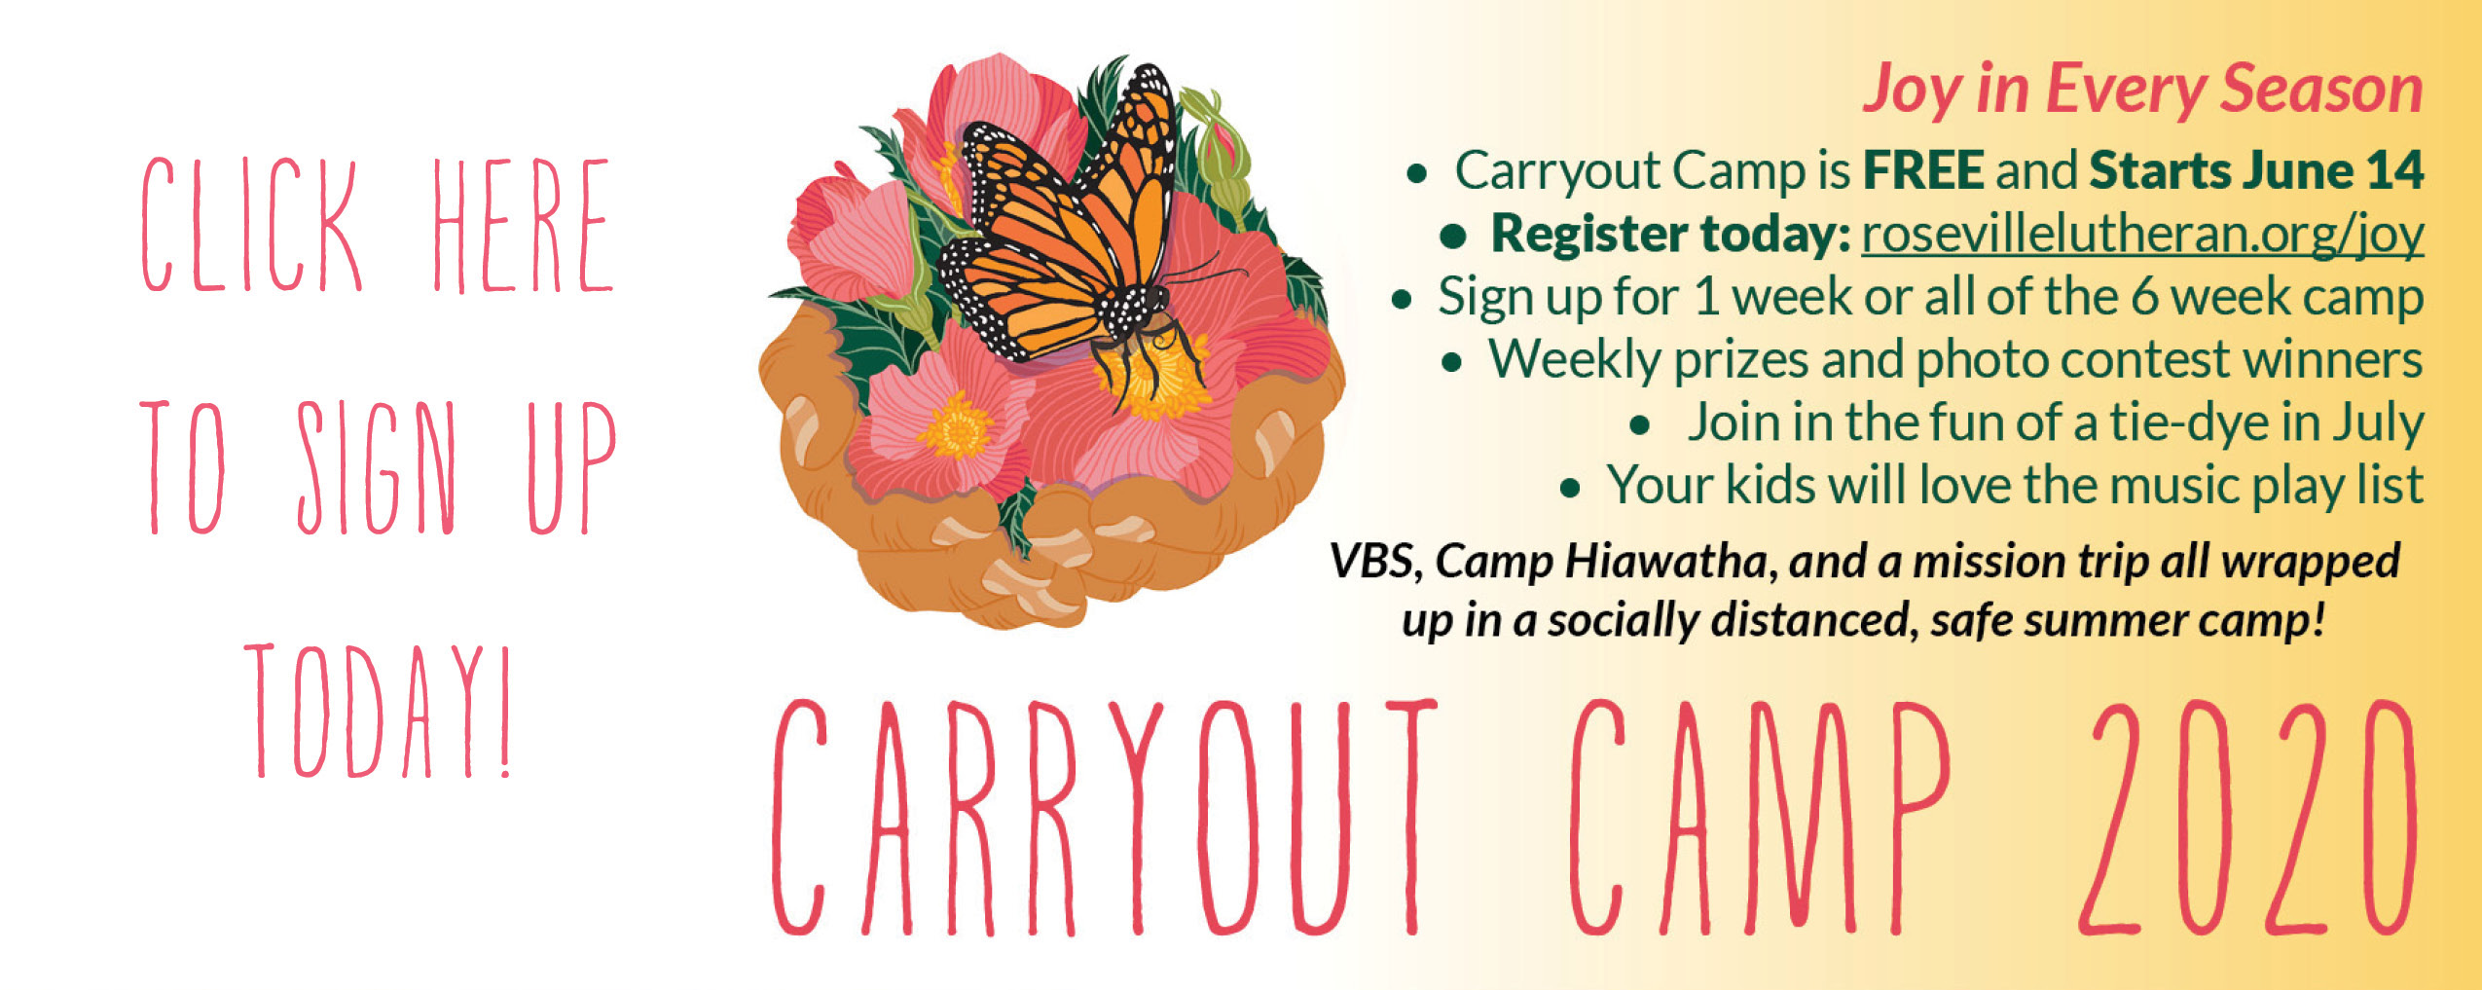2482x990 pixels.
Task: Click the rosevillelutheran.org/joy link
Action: (x=2142, y=236)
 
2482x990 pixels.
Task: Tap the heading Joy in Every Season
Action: (x=2142, y=91)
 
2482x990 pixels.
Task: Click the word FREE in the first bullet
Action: (x=1922, y=171)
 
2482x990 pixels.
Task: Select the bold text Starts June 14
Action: (x=2256, y=171)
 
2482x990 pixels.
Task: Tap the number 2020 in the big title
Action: (x=2248, y=818)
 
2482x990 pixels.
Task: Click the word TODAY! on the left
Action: (x=378, y=711)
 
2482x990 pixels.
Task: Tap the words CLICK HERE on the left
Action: (x=378, y=226)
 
